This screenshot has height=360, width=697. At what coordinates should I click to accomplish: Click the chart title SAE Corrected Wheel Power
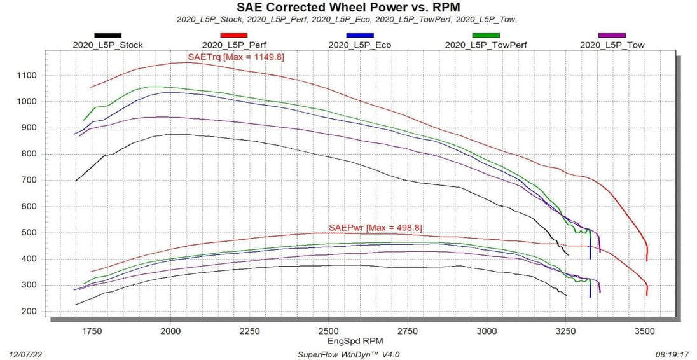[348, 8]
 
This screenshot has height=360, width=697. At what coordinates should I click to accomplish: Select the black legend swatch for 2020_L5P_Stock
[108, 35]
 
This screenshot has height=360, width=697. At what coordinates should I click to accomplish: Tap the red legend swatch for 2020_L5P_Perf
[233, 35]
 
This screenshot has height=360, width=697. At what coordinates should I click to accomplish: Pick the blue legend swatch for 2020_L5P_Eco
[359, 35]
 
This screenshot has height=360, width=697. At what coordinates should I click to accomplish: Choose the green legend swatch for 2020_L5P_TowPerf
[486, 35]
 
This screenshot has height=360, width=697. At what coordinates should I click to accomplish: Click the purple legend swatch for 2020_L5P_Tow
[612, 35]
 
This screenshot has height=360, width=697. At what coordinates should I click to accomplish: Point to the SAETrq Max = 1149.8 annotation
[235, 57]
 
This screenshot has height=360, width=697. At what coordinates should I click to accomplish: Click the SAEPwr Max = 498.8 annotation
[375, 228]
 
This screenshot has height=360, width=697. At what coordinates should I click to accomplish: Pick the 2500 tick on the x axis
[328, 331]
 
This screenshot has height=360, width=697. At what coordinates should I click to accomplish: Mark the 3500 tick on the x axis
[645, 331]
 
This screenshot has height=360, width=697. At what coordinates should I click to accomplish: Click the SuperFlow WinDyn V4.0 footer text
[348, 354]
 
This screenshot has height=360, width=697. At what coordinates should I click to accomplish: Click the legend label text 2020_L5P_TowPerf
[486, 45]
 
